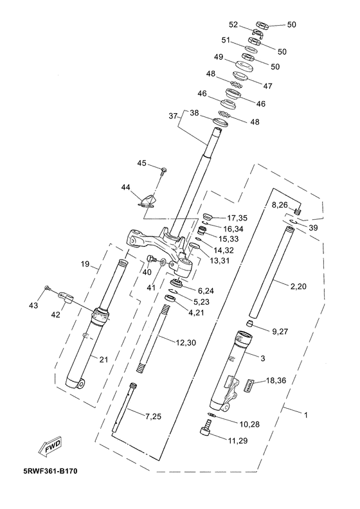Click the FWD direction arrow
click(50, 447)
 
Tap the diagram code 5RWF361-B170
click(50, 471)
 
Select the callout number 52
click(233, 24)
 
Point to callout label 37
click(174, 116)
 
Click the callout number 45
click(141, 163)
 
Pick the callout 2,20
click(298, 287)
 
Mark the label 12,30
click(186, 343)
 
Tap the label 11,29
click(238, 440)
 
